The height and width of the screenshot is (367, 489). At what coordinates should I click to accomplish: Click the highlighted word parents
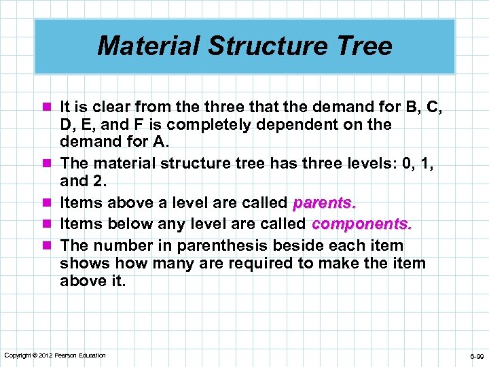pyautogui.click(x=324, y=203)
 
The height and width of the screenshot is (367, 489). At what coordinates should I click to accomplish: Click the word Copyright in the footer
pyautogui.click(x=18, y=355)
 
